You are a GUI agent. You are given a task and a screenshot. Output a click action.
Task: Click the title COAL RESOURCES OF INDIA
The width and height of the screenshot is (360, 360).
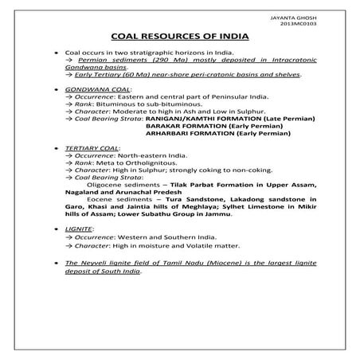coord(179,37)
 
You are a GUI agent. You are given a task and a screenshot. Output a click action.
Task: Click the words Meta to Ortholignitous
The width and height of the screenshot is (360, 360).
coord(129,162)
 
